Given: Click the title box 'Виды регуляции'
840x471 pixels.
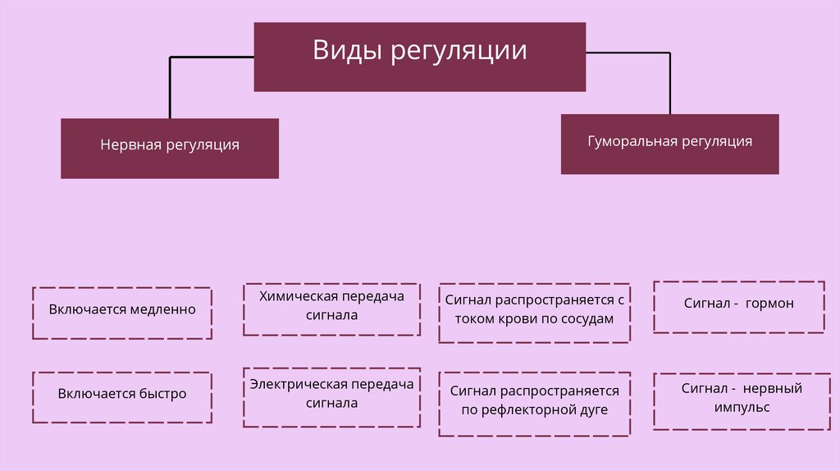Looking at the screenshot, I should [419, 57].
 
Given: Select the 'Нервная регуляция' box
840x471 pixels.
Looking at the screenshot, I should [170, 149].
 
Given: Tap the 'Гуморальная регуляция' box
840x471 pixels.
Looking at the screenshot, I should [669, 144].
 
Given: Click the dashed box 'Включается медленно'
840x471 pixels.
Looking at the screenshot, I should [121, 313].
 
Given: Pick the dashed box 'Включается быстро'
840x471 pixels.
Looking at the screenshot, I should [121, 397].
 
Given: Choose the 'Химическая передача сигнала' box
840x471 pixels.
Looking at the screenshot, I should [331, 309].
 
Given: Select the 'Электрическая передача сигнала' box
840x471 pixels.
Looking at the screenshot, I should [331, 397].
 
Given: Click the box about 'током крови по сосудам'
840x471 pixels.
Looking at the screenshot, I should [536, 313].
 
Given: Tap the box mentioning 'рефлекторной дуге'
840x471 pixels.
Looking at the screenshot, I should [536, 404].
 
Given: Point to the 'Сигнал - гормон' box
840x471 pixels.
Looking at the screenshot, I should [738, 307].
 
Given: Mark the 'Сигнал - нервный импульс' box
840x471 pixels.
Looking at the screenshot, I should [738, 400].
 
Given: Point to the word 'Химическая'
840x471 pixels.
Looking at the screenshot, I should [294, 296].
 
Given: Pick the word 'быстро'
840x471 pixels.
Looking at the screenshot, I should [162, 394].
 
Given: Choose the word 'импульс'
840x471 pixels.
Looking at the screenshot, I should [742, 406].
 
